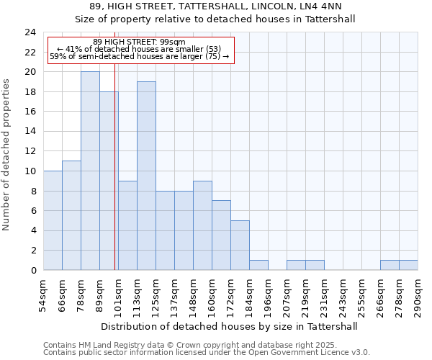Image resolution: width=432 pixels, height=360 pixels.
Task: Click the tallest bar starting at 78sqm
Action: [x=90, y=171]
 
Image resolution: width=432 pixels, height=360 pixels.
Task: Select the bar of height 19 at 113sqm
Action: [x=146, y=176]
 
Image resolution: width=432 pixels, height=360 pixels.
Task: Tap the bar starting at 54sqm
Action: [x=53, y=220]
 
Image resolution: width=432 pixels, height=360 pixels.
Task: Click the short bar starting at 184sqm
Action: [x=258, y=265]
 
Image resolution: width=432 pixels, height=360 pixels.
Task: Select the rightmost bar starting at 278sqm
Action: [x=408, y=265]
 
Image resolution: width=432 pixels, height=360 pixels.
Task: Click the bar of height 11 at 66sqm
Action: [x=71, y=215]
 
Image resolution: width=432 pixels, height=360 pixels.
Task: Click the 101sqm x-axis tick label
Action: [x=118, y=294]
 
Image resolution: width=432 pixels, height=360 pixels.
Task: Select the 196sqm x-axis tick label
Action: [x=268, y=294]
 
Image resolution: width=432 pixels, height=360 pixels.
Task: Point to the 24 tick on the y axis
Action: [x=30, y=32]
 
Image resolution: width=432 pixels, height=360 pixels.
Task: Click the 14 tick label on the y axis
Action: [x=30, y=132]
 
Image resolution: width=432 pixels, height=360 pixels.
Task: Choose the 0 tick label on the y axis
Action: [x=33, y=271]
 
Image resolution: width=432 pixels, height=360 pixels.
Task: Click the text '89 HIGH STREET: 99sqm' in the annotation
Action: [x=140, y=42]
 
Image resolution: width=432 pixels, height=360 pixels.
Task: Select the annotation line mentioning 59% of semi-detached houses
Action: [x=140, y=56]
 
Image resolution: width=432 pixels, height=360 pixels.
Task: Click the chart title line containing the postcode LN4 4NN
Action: [x=216, y=6]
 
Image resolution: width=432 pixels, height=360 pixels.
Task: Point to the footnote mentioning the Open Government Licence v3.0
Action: [x=207, y=353]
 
